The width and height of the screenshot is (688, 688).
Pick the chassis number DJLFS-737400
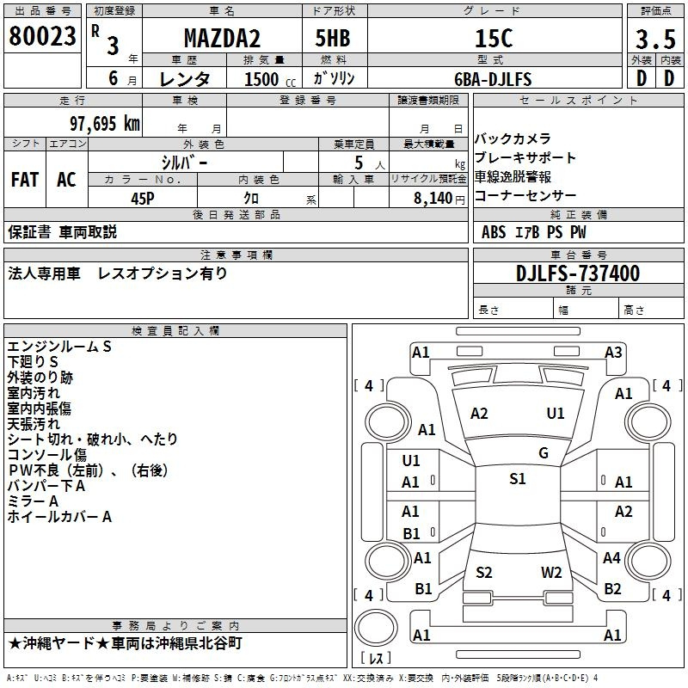click(579, 273)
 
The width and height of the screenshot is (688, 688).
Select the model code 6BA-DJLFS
click(494, 79)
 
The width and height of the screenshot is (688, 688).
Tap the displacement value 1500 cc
click(263, 79)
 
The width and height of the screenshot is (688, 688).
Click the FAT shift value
click(25, 180)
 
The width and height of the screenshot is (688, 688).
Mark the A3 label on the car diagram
click(613, 352)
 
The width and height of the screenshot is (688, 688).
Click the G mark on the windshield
click(543, 453)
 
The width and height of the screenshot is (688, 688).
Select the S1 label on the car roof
click(517, 479)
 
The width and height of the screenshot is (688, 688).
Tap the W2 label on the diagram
click(551, 573)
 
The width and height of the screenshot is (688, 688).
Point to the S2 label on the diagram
click(484, 573)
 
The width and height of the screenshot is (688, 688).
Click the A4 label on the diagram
click(611, 558)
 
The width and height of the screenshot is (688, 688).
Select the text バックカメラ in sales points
click(513, 138)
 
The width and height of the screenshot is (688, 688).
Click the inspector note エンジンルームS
click(59, 347)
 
